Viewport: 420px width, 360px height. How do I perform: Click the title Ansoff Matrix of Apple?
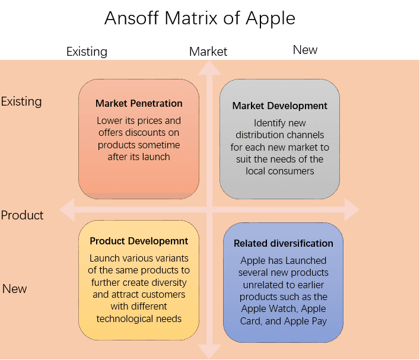pyautogui.click(x=200, y=18)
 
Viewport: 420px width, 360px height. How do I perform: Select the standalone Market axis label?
pyautogui.click(x=208, y=52)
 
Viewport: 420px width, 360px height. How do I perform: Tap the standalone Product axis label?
pyautogui.click(x=22, y=215)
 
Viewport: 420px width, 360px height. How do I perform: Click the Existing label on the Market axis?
pyautogui.click(x=87, y=52)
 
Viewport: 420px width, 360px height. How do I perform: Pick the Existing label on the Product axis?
pyautogui.click(x=21, y=101)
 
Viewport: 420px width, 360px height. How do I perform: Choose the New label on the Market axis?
pyautogui.click(x=305, y=50)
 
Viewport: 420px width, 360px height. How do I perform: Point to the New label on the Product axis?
pyautogui.click(x=14, y=289)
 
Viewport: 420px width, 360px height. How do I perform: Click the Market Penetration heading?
pyautogui.click(x=139, y=103)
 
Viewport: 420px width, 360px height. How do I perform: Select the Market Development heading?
pyautogui.click(x=279, y=106)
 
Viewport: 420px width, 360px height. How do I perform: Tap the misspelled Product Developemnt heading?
pyautogui.click(x=139, y=241)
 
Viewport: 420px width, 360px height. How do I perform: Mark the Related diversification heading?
pyautogui.click(x=284, y=243)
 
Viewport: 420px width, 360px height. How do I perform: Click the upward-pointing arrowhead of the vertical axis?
pyautogui.click(x=209, y=68)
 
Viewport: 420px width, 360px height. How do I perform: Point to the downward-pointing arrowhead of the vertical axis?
pyautogui.click(x=209, y=352)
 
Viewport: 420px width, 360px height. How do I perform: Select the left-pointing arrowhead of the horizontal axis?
pyautogui.click(x=67, y=210)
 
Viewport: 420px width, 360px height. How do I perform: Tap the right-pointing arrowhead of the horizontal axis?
pyautogui.click(x=352, y=210)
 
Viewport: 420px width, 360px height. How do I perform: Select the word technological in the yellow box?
pyautogui.click(x=122, y=318)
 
